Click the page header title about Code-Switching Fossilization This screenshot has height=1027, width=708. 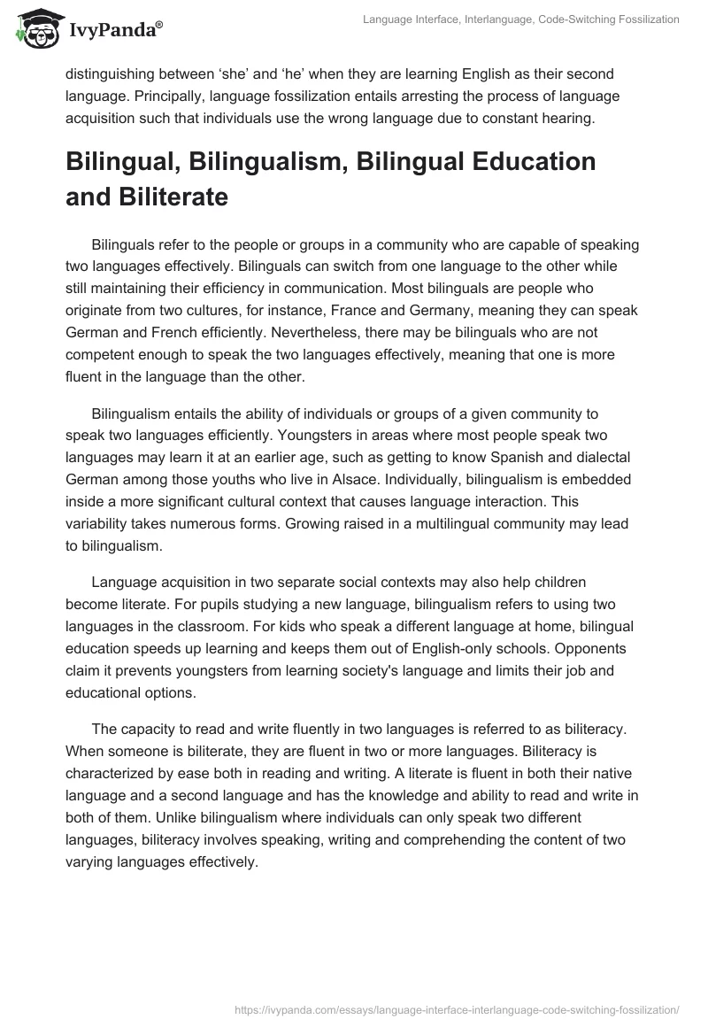coord(520,19)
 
